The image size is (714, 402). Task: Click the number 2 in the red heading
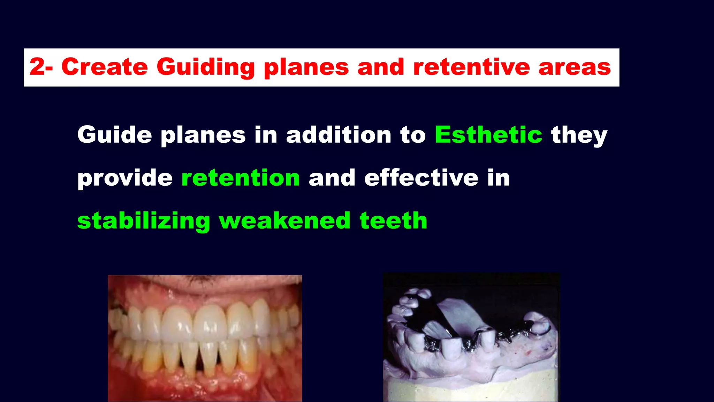pyautogui.click(x=37, y=67)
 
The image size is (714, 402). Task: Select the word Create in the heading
pyautogui.click(x=105, y=67)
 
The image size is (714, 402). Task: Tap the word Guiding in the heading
pyautogui.click(x=206, y=67)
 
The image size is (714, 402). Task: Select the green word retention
pyautogui.click(x=241, y=178)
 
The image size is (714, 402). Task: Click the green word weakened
pyautogui.click(x=284, y=221)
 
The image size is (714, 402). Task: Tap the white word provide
pyautogui.click(x=125, y=178)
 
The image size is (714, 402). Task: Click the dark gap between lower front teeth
pyautogui.click(x=200, y=363)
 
